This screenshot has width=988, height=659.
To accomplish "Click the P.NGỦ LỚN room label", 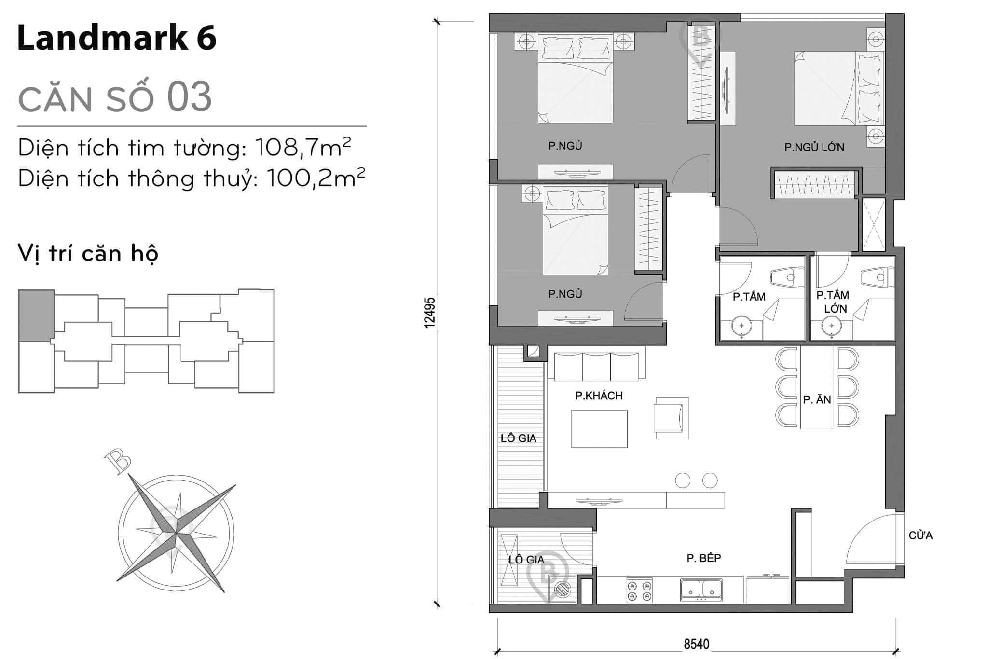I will click(x=814, y=147).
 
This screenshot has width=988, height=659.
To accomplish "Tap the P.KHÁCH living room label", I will click(x=599, y=396).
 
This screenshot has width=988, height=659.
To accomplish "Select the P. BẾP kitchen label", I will click(x=704, y=558).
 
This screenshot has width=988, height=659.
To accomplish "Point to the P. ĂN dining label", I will click(x=817, y=399).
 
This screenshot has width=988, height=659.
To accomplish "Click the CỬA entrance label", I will click(x=920, y=535).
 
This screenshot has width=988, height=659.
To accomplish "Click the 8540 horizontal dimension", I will click(x=697, y=644).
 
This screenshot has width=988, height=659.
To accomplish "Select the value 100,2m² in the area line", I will click(x=315, y=178).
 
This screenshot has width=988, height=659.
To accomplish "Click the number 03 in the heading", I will click(x=189, y=97).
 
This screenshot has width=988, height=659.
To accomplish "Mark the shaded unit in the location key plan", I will click(x=36, y=316).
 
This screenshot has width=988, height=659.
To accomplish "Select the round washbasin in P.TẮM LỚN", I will click(x=832, y=327).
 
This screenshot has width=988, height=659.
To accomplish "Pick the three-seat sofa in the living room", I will click(x=596, y=367).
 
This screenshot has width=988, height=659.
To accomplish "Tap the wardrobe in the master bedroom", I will click(x=815, y=184).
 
